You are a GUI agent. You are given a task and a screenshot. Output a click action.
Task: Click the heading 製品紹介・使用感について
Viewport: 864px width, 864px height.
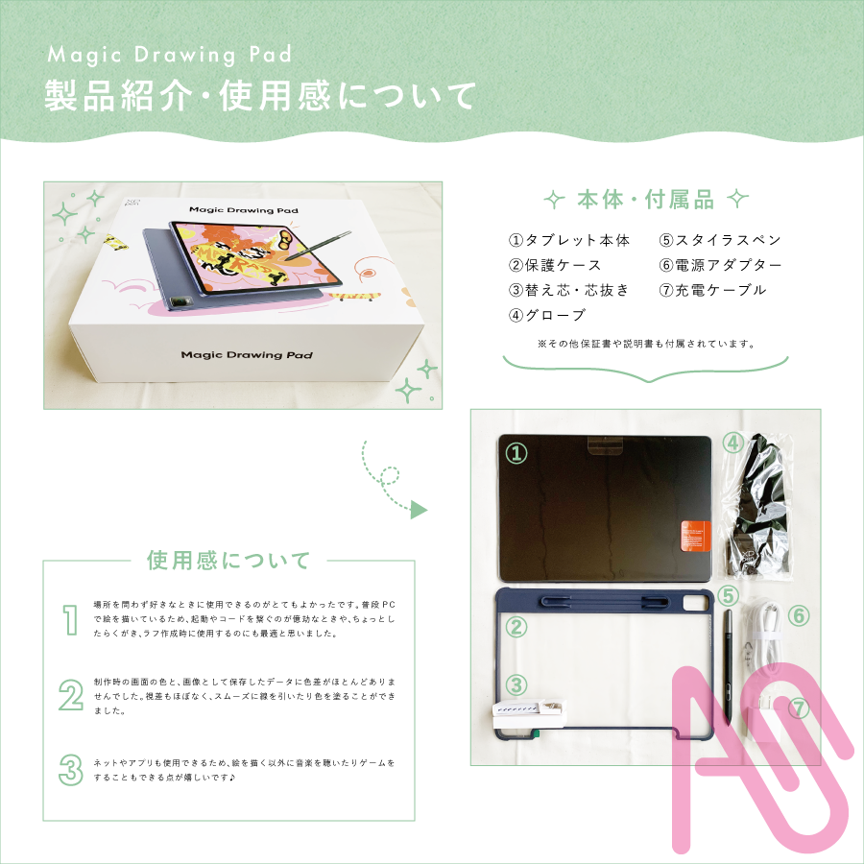(x=260, y=96)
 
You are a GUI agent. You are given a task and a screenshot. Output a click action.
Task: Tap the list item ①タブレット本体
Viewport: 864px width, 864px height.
(x=568, y=240)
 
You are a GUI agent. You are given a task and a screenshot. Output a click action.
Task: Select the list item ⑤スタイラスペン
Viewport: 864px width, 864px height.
(x=720, y=240)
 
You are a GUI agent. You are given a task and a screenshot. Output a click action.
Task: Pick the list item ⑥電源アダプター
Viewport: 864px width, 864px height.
(x=720, y=265)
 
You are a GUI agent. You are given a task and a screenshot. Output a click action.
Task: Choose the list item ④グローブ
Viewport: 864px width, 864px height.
(x=547, y=315)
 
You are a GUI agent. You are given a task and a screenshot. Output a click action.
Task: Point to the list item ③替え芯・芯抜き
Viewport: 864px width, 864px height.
(x=568, y=290)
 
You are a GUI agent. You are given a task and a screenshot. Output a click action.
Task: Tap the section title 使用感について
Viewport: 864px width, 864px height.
(x=228, y=560)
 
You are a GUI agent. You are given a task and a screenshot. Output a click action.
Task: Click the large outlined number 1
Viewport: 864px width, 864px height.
(x=69, y=620)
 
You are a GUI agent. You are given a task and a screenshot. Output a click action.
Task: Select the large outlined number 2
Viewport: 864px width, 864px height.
(x=70, y=696)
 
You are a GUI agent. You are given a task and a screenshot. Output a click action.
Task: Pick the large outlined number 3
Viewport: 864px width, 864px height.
(x=69, y=769)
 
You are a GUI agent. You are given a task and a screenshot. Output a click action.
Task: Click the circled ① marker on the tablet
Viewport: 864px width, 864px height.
(x=517, y=453)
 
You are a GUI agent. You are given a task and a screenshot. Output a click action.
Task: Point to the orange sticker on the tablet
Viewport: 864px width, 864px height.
(x=694, y=535)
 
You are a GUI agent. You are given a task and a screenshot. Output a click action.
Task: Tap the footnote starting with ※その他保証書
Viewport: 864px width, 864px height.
(x=645, y=343)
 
